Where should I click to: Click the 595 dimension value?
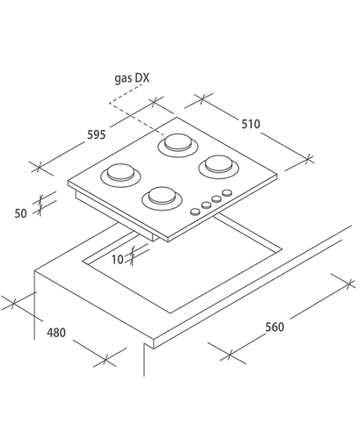(96, 135)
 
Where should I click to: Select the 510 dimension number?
(251, 124)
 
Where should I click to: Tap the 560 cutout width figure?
(274, 327)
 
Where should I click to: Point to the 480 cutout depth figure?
(56, 332)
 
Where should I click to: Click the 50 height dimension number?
(20, 214)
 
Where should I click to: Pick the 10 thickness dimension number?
(117, 260)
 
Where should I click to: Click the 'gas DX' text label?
(132, 78)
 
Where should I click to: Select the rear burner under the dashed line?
(178, 145)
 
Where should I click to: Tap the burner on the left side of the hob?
(120, 175)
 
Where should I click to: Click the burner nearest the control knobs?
(219, 167)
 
